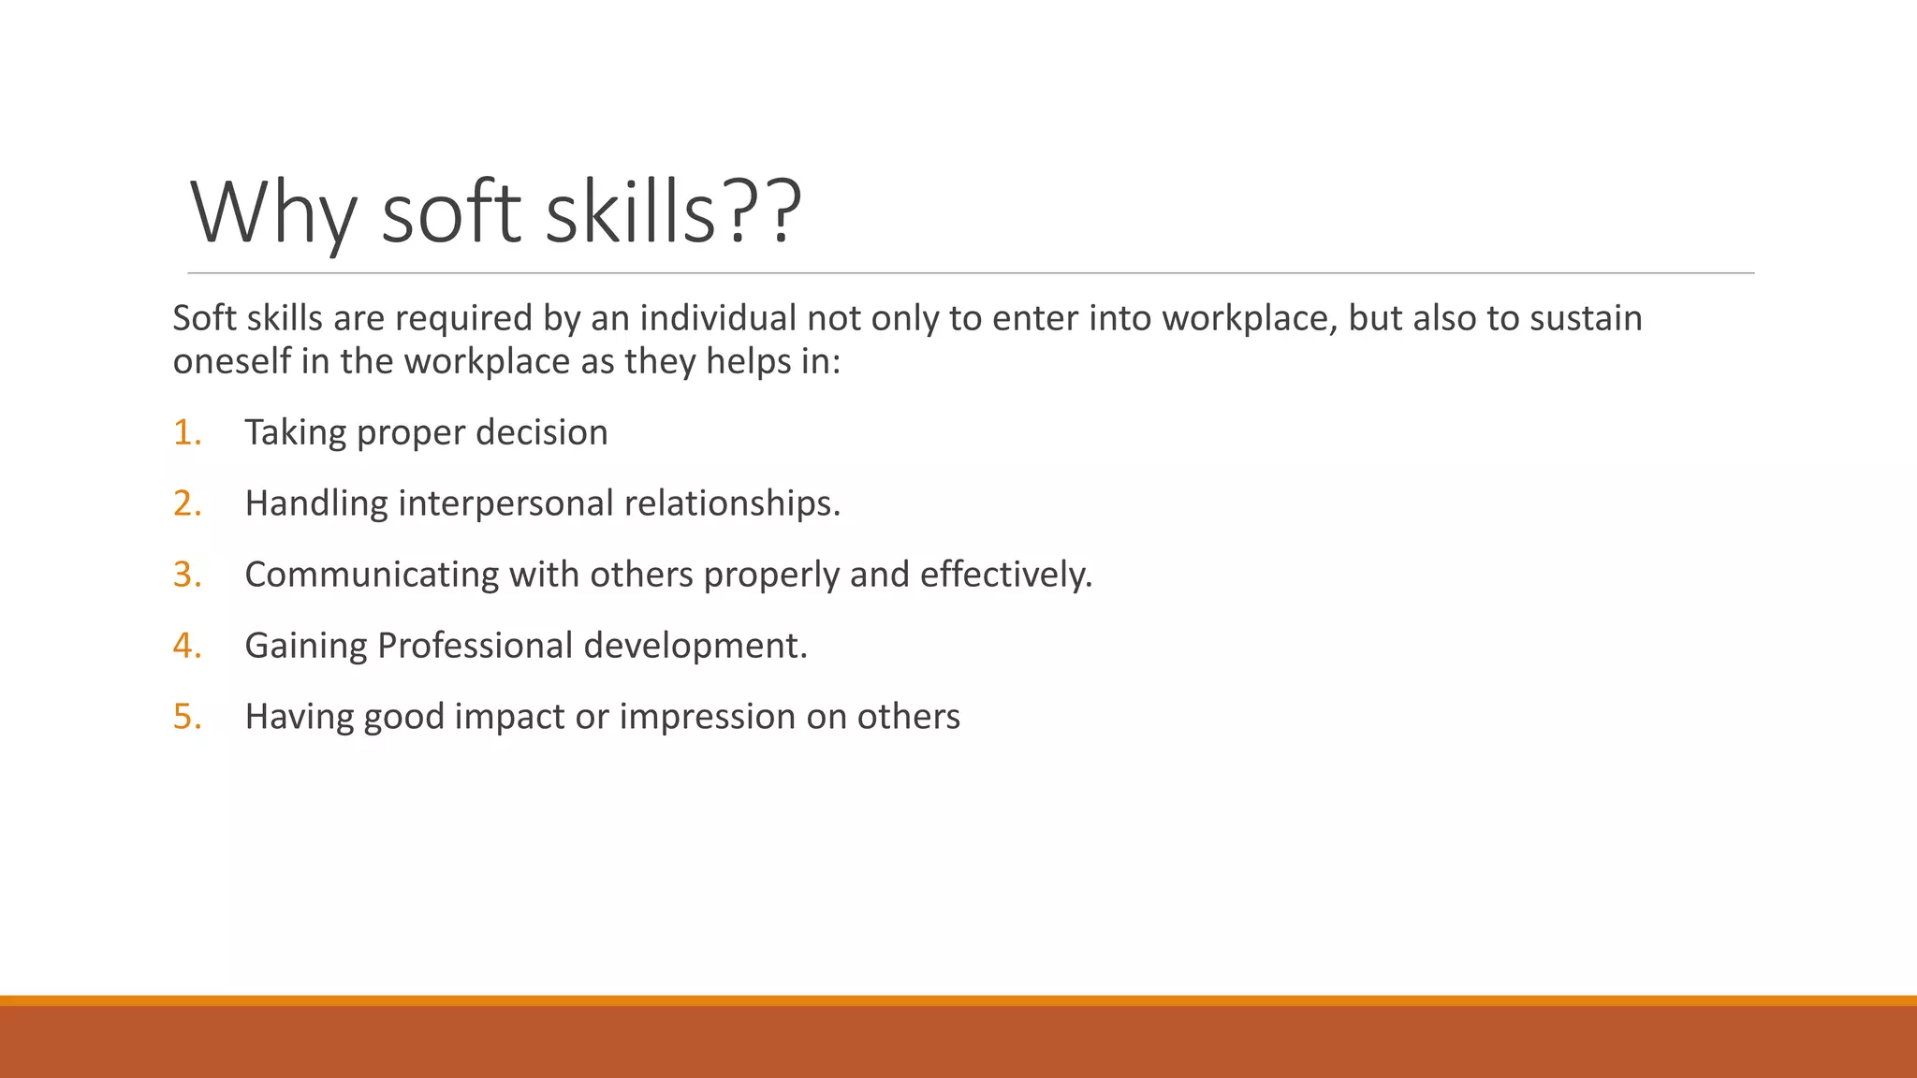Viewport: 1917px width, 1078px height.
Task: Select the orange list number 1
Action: (x=186, y=432)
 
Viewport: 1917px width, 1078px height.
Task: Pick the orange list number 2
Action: (x=186, y=503)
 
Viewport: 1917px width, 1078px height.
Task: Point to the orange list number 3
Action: (x=186, y=575)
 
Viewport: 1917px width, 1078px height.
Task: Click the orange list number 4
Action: (x=186, y=646)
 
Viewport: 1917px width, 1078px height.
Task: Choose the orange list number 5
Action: (x=186, y=717)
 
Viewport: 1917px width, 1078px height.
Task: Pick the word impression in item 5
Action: (x=707, y=717)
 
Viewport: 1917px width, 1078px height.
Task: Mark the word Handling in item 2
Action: (x=316, y=503)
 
